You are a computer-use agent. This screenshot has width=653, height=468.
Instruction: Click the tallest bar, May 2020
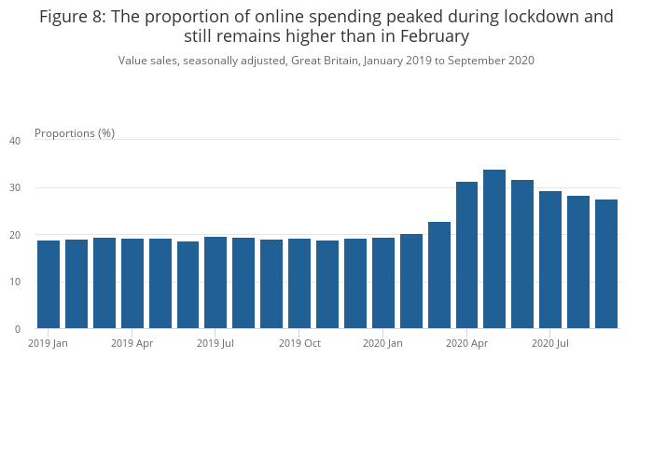[x=494, y=249]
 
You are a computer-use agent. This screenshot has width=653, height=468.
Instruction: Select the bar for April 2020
[x=466, y=255]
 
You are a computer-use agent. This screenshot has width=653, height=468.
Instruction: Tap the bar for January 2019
[x=49, y=284]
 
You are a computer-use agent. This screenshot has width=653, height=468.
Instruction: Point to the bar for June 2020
[x=522, y=255]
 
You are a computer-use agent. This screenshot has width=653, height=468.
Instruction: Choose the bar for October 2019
[x=299, y=283]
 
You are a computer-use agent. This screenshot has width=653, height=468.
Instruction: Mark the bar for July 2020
[x=550, y=260]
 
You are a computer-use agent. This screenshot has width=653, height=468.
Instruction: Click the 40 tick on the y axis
[x=15, y=141]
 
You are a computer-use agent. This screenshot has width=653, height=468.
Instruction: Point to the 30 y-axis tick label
[x=15, y=188]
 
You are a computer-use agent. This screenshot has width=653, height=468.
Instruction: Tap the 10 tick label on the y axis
[x=15, y=282]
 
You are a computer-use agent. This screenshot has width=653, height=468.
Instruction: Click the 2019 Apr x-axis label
[x=132, y=344]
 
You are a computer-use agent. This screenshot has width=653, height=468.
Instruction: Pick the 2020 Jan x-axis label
[x=382, y=344]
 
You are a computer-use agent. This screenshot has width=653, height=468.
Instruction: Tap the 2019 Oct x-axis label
[x=299, y=344]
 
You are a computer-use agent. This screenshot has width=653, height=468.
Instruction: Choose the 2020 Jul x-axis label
[x=550, y=344]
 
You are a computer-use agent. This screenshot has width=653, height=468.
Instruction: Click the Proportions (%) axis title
[x=75, y=133]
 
